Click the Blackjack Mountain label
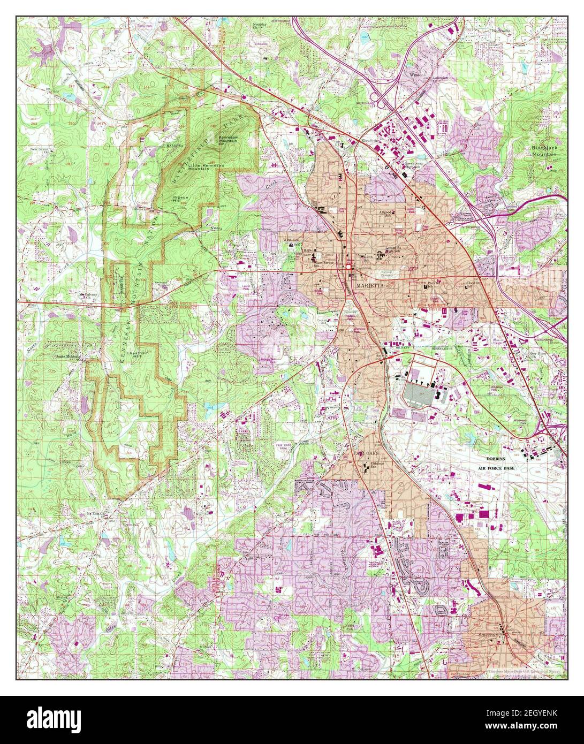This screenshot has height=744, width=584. [544, 151]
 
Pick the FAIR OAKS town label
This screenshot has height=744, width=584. [366, 454]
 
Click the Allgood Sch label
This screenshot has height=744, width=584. [386, 214]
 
